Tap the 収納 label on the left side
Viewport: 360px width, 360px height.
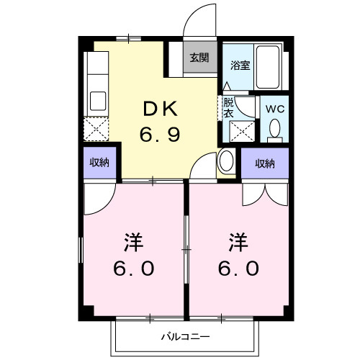(100, 163)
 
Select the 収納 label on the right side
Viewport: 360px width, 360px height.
(265, 163)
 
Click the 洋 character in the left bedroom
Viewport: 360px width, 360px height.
(133, 240)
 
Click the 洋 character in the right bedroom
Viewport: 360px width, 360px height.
(240, 240)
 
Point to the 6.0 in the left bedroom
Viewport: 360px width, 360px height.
(133, 269)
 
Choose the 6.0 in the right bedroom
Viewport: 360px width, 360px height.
(240, 269)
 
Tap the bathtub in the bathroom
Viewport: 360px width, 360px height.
(271, 68)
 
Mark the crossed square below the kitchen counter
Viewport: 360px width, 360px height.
(96, 129)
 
